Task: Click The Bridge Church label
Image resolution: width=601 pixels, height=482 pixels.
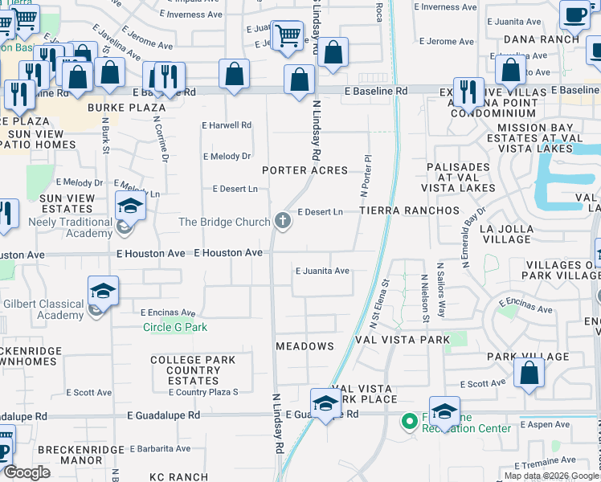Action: pyautogui.click(x=223, y=222)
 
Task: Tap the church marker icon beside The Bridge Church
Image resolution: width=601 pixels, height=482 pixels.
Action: pyautogui.click(x=282, y=219)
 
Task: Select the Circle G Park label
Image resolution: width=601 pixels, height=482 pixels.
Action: pyautogui.click(x=174, y=327)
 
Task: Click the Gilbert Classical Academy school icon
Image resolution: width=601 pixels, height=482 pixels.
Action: pyautogui.click(x=103, y=291)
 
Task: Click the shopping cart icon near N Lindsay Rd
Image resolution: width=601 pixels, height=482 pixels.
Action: pyautogui.click(x=287, y=35)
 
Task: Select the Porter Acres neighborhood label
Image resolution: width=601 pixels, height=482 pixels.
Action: pyautogui.click(x=305, y=170)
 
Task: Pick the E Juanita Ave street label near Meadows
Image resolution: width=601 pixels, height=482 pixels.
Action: pyautogui.click(x=321, y=272)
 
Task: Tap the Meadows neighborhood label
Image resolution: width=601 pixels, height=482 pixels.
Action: pyautogui.click(x=305, y=346)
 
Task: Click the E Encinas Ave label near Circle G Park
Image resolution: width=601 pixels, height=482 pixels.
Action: pyautogui.click(x=168, y=312)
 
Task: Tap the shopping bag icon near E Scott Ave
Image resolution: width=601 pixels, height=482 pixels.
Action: pyautogui.click(x=529, y=372)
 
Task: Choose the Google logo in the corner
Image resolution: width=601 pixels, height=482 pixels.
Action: pyautogui.click(x=27, y=473)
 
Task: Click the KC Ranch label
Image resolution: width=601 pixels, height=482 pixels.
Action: pyautogui.click(x=178, y=476)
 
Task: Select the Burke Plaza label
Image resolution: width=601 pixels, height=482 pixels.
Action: pyautogui.click(x=139, y=107)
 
